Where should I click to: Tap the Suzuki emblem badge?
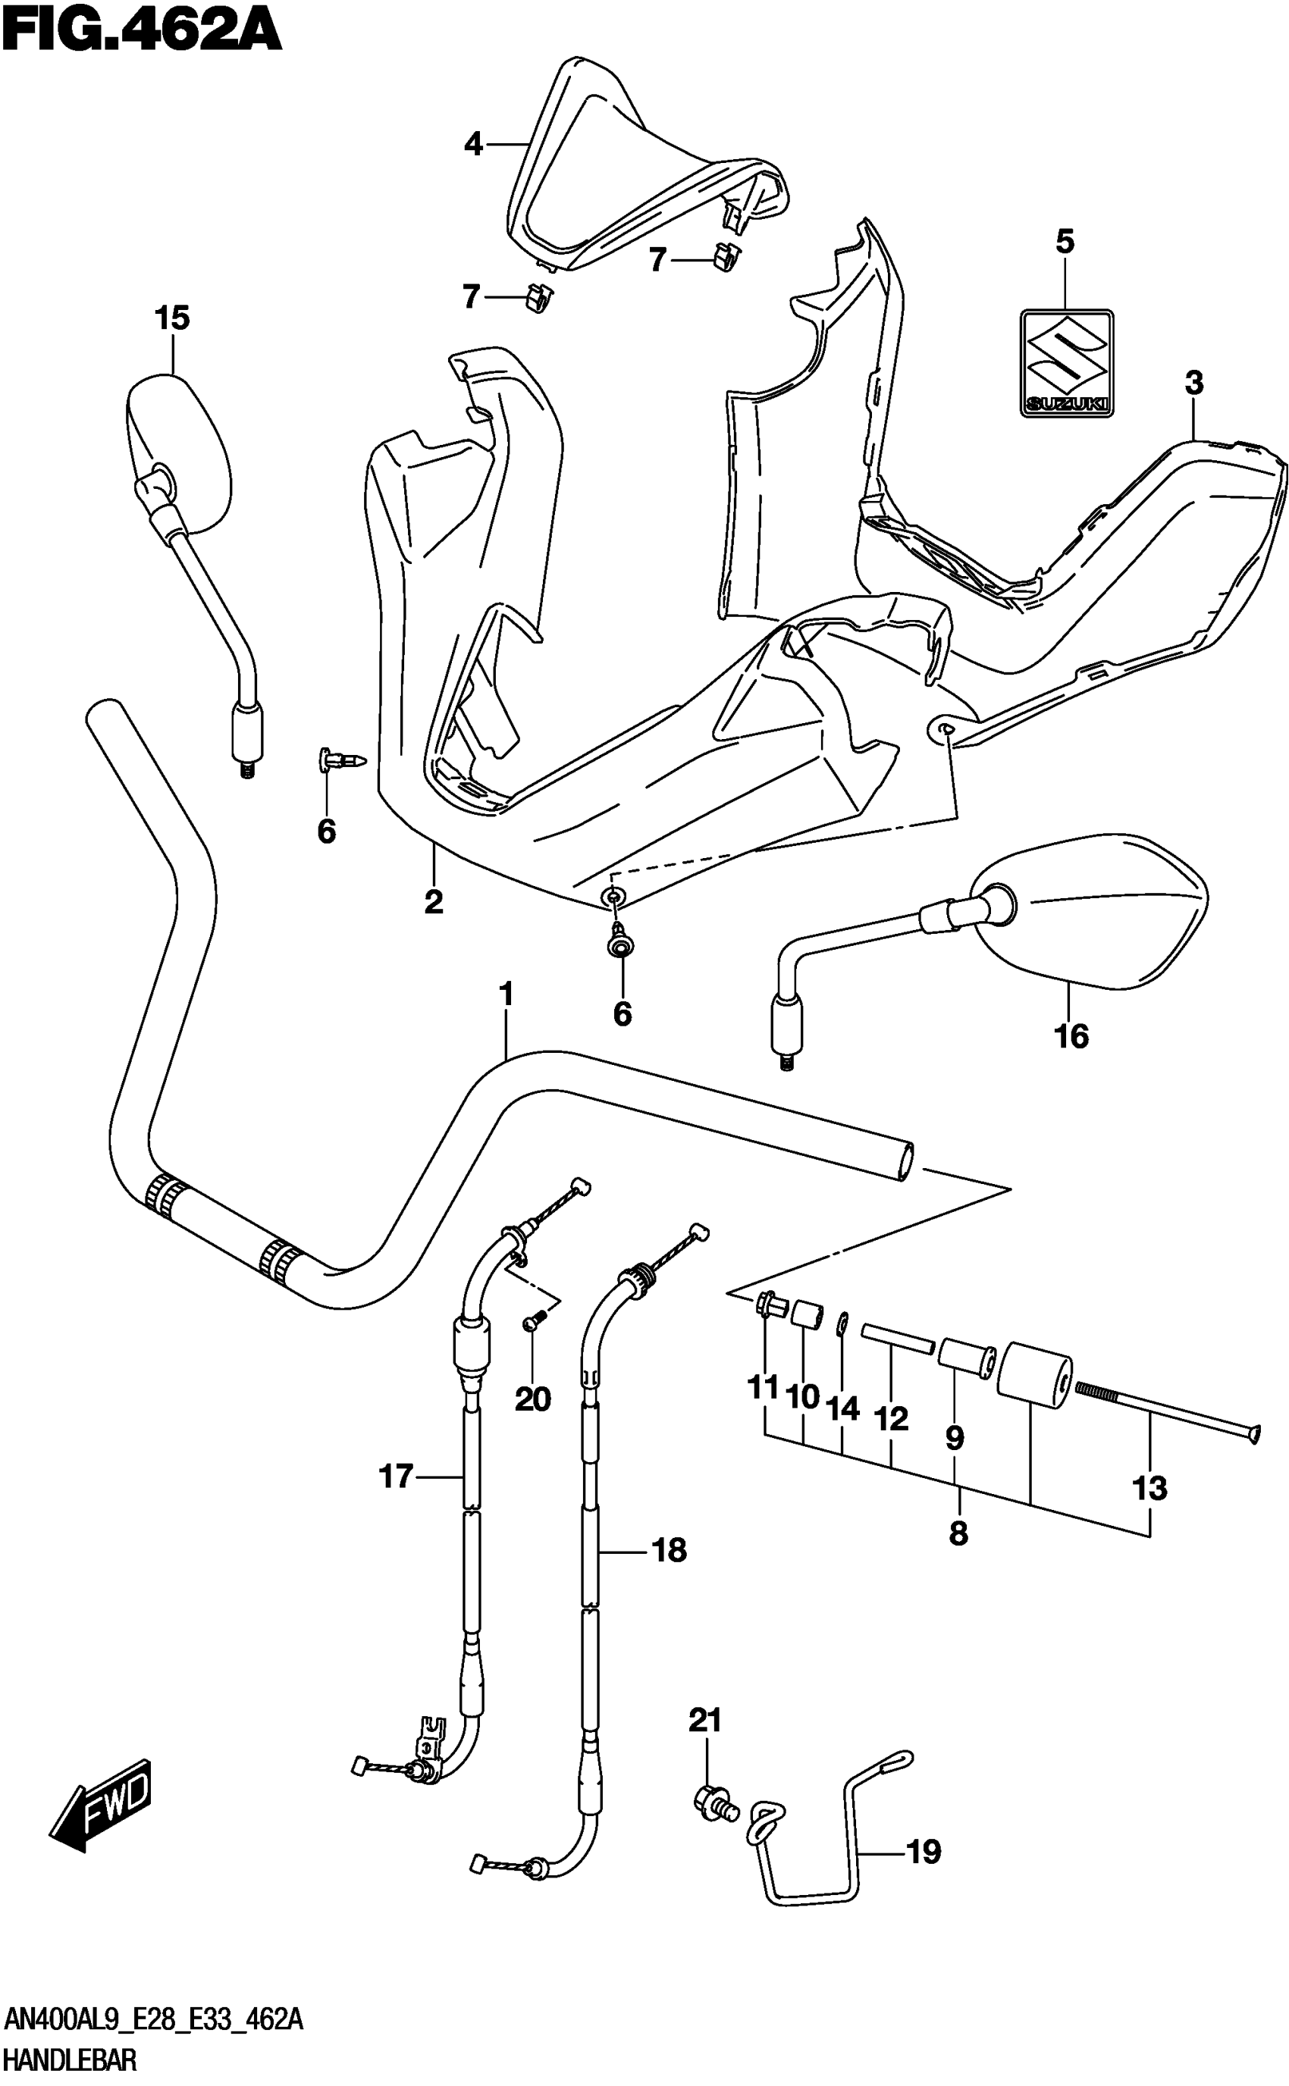[1068, 363]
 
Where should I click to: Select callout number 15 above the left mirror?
[172, 318]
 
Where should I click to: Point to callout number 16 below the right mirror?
[1071, 1036]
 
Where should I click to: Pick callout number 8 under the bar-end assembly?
[958, 1534]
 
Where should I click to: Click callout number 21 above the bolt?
[705, 1721]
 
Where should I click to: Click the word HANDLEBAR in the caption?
[70, 2061]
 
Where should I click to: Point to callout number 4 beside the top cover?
[473, 144]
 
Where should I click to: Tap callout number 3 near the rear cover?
[1194, 384]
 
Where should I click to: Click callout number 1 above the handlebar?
[507, 994]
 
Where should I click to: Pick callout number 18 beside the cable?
[670, 1551]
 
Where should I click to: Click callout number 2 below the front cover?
[434, 901]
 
